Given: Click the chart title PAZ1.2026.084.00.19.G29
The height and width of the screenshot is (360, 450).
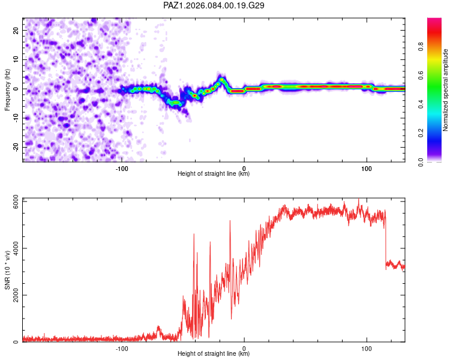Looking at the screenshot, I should pyautogui.click(x=214, y=5).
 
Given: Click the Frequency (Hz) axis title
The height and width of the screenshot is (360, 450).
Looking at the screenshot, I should pyautogui.click(x=7, y=89).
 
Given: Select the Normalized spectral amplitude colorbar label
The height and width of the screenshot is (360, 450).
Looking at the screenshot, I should pyautogui.click(x=446, y=90).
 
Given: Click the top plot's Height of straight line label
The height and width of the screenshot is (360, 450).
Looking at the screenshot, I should pyautogui.click(x=214, y=174).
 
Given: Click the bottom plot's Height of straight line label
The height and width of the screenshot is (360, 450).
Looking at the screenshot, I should pyautogui.click(x=214, y=354).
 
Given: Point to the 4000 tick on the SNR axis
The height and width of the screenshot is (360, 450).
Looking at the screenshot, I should pyautogui.click(x=13, y=248).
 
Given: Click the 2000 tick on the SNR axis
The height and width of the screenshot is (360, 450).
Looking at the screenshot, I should pyautogui.click(x=13, y=295).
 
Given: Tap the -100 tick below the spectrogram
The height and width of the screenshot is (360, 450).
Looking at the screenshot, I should pyautogui.click(x=122, y=167).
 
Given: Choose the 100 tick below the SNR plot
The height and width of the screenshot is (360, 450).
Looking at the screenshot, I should pyautogui.click(x=367, y=347).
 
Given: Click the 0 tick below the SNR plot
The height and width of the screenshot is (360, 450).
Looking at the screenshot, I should pyautogui.click(x=244, y=347).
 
